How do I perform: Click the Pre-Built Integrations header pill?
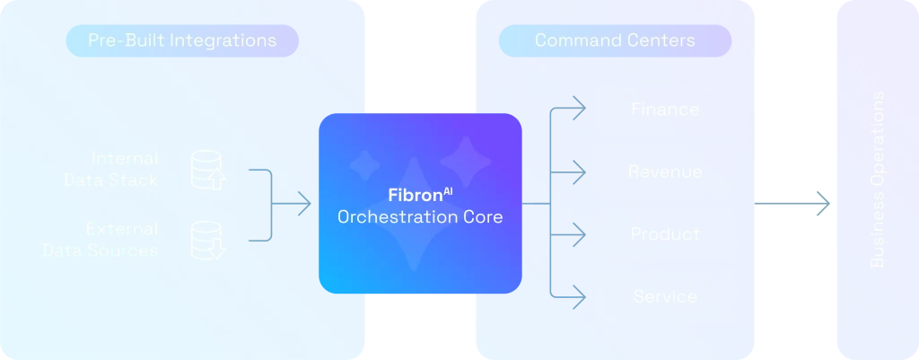pyautogui.click(x=181, y=40)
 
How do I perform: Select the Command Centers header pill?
pyautogui.click(x=615, y=40)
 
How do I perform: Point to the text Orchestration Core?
pyautogui.click(x=420, y=217)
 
